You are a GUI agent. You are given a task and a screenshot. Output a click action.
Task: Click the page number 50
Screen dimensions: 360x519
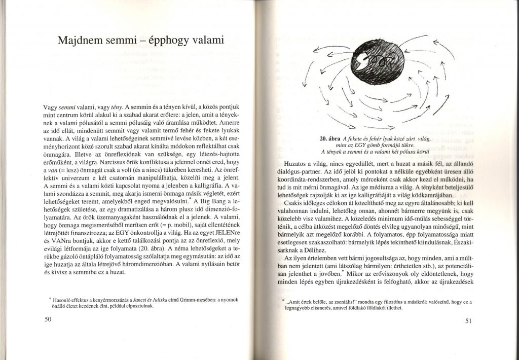[48, 319]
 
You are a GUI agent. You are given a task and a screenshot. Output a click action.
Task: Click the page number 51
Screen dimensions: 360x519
[468, 320]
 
